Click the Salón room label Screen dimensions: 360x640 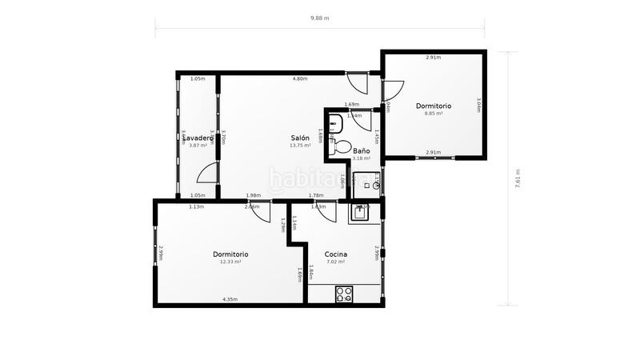pos(300,138)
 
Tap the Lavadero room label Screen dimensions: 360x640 pos(197,138)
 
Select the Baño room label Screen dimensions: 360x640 pos(361,150)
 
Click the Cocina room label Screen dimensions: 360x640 pos(335,254)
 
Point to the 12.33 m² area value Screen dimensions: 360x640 pos(230,262)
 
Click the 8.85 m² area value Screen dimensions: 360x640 pos(434,114)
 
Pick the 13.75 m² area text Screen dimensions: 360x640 pos(300,146)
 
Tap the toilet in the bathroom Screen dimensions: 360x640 pos(342,147)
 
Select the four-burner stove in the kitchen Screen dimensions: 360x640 pos(345,294)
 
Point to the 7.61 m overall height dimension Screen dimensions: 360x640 pos(518,178)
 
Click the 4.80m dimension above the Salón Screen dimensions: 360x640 pos(299,79)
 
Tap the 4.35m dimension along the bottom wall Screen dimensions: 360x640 pos(230,299)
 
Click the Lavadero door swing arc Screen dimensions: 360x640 pos(207,173)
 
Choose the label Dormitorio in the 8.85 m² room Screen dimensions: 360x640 pos(434,106)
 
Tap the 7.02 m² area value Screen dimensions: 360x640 pos(335,262)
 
